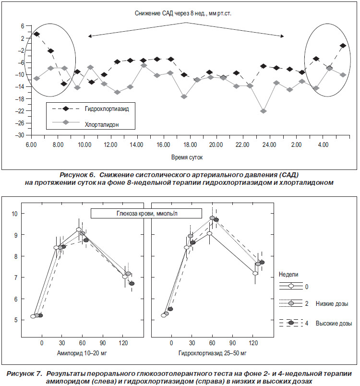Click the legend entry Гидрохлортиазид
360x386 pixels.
pos(107,109)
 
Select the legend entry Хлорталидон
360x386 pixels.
pos(102,124)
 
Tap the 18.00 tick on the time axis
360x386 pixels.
pos(190,145)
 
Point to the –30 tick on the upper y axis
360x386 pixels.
pos(20,135)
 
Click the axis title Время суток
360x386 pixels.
pos(187,157)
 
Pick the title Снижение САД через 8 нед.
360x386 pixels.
pos(183,13)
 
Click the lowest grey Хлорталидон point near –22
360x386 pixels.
pos(264,111)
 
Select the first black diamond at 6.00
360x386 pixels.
pos(36,34)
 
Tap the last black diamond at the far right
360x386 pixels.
pos(343,46)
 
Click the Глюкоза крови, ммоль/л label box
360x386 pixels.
pos(146,214)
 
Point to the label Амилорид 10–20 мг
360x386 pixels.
pos(82,353)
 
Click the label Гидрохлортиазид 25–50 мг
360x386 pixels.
pos(212,353)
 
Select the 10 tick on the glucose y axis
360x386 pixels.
pos(14,214)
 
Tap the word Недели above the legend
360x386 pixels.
pos(288,275)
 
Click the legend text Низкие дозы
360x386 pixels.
pos(332,304)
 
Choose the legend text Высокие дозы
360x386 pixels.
pos(334,323)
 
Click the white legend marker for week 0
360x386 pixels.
pos(291,286)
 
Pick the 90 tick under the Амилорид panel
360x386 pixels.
pos(103,343)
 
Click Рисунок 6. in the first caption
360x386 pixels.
pos(77,175)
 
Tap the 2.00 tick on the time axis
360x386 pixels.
pos(296,145)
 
